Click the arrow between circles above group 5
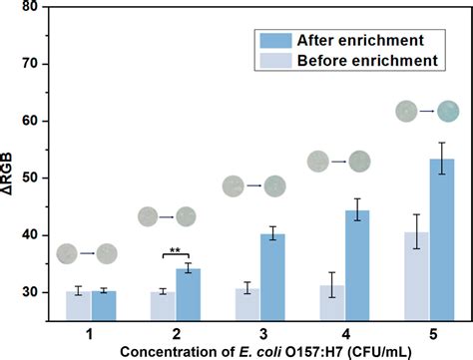click(x=426, y=112)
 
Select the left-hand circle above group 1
click(x=67, y=253)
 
